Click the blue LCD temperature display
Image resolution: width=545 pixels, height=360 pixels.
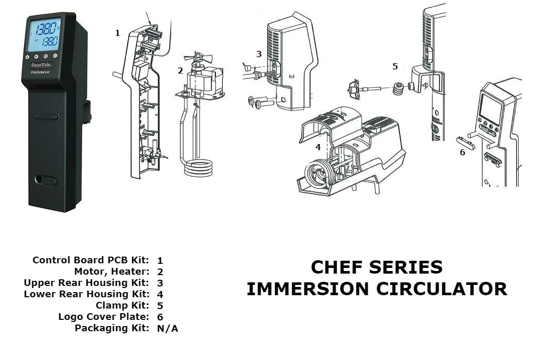[x=43, y=34]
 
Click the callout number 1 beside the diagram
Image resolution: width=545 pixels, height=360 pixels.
[x=117, y=33]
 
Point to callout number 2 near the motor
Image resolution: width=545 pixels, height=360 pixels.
[x=180, y=70]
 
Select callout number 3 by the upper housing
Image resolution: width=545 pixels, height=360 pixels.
[x=259, y=53]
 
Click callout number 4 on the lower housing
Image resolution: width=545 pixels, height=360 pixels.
[x=318, y=147]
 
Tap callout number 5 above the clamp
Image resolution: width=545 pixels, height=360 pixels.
[x=395, y=66]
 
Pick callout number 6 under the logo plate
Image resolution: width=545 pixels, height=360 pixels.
[x=462, y=152]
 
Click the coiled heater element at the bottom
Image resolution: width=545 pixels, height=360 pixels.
[x=198, y=168]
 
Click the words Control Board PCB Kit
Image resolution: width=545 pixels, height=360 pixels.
[x=91, y=260]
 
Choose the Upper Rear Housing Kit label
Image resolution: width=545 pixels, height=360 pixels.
[x=87, y=283]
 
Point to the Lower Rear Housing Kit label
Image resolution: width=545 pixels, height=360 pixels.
[x=87, y=294]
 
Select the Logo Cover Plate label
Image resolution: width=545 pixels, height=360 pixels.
[x=104, y=317]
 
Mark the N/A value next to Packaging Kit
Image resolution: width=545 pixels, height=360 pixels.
[x=168, y=329]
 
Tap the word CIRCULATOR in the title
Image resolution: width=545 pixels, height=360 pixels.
[x=442, y=289]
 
